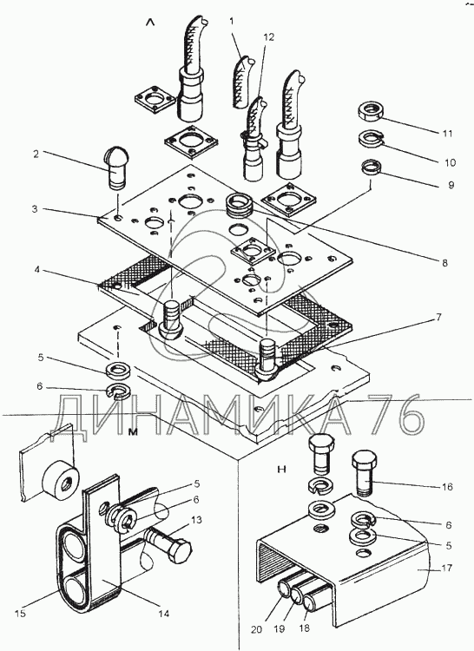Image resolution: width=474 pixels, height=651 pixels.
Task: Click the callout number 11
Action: (446, 134)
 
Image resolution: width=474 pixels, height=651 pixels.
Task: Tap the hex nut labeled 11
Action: (370, 111)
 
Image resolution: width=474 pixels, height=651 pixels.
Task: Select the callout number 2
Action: (36, 154)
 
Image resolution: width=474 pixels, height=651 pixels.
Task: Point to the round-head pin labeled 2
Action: (115, 168)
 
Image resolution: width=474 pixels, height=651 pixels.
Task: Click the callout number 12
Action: (268, 37)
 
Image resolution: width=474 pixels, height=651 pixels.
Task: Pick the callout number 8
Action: (444, 263)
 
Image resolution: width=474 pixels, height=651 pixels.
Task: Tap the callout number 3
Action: (35, 209)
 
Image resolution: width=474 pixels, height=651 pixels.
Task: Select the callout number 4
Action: (36, 269)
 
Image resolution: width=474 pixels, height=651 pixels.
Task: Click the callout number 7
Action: (438, 318)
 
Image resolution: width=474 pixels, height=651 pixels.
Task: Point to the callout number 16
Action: (446, 487)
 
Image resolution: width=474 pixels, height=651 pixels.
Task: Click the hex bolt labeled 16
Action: (365, 472)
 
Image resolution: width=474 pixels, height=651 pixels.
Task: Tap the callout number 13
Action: (196, 520)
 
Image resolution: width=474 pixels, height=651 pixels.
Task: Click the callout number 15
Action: (20, 613)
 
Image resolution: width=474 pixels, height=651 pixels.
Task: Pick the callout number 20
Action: (257, 629)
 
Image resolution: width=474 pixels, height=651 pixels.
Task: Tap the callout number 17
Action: (447, 568)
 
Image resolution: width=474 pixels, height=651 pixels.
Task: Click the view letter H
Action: (282, 470)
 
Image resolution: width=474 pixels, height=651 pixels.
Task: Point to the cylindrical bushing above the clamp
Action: (61, 480)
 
